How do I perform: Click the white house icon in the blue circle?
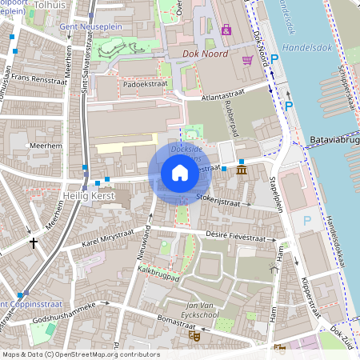179,172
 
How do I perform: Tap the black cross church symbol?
34,242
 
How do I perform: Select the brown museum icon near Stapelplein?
242,171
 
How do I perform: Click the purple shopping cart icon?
248,60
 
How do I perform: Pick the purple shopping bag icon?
226,30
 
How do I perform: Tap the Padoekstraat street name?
145,82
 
